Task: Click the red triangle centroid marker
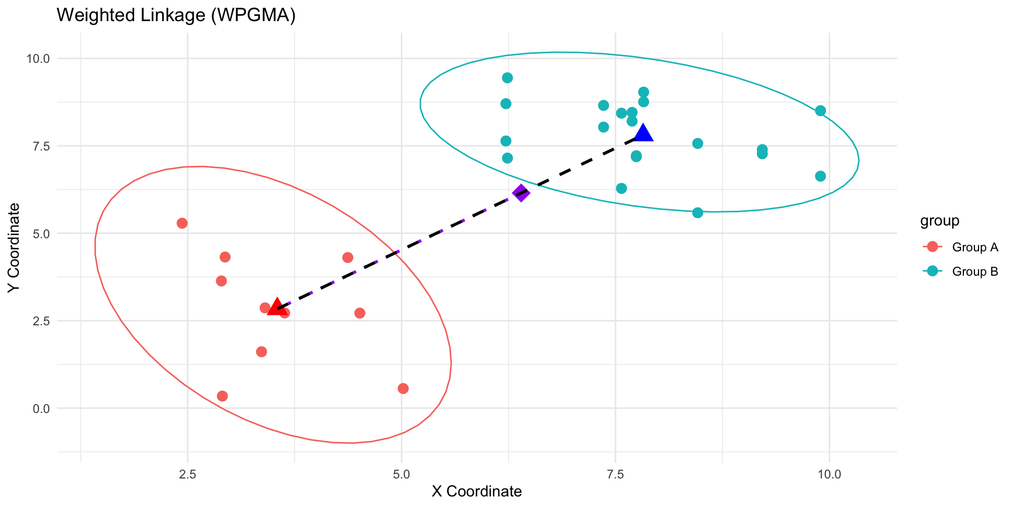pos(276,307)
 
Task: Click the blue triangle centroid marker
pos(643,134)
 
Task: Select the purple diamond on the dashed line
pos(521,193)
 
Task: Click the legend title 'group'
pos(940,221)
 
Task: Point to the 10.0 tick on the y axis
pos(38,58)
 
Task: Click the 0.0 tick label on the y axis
pos(41,408)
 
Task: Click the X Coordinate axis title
pos(476,492)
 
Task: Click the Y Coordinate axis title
pos(14,247)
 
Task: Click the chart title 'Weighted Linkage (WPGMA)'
pos(176,15)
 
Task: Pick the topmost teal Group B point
pos(507,78)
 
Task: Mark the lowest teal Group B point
pos(697,212)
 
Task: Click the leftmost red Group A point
pos(182,223)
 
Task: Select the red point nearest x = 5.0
pos(403,389)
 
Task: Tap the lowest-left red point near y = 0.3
pos(222,396)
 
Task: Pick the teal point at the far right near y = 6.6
pos(820,176)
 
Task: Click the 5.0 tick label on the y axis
pos(41,233)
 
